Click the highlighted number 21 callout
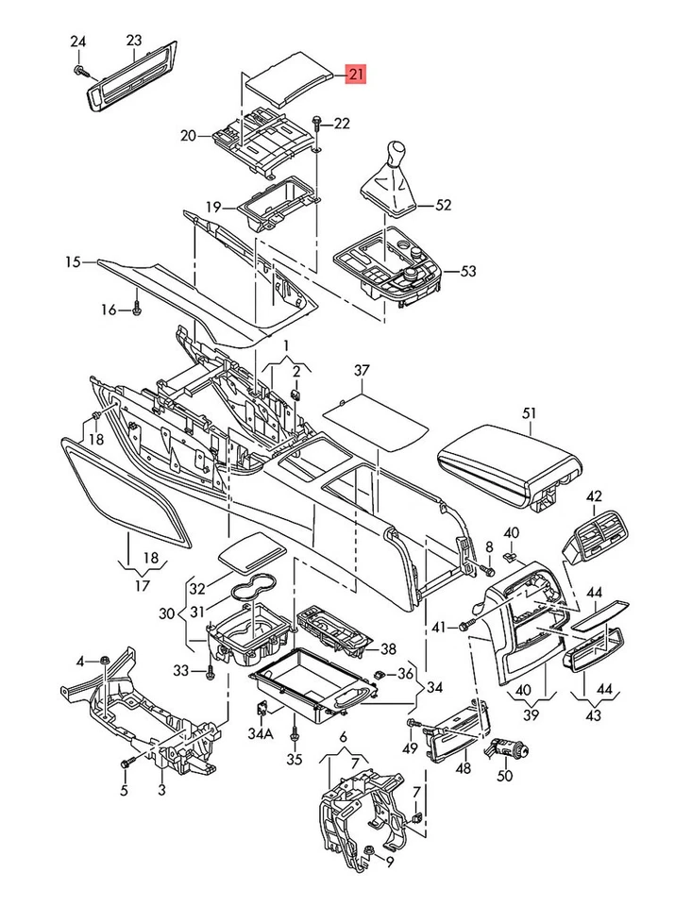(358, 75)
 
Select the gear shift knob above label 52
(397, 154)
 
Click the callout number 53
(468, 271)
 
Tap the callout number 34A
(261, 733)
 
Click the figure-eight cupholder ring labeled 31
(254, 592)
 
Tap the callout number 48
(463, 769)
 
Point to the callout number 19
(214, 207)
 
